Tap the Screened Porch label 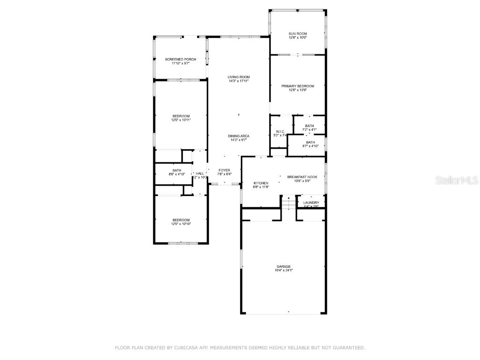(x=180, y=60)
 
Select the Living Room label (x=239, y=77)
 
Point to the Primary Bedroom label (x=298, y=86)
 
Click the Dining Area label (x=239, y=136)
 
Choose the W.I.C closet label (x=280, y=131)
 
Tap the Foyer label (x=224, y=170)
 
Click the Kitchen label (x=261, y=183)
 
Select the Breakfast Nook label (x=302, y=177)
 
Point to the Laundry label (x=311, y=202)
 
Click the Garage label (x=284, y=266)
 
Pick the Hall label (x=200, y=173)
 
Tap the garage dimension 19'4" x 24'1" (x=284, y=270)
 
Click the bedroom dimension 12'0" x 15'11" (x=181, y=120)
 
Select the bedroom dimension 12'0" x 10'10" (x=181, y=224)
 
